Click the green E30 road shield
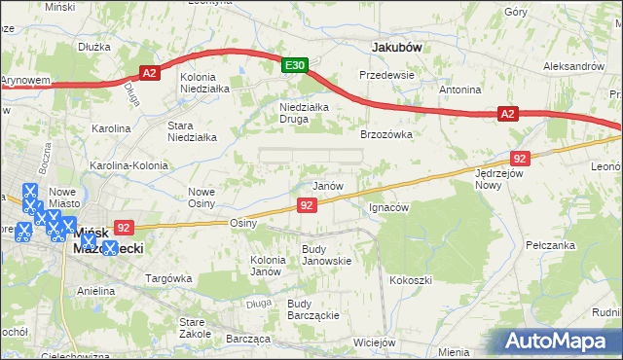(x=296, y=65)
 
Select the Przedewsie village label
(x=386, y=75)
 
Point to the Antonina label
(x=460, y=90)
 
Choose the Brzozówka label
(x=387, y=134)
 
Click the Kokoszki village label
(x=411, y=280)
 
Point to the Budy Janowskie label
(x=326, y=254)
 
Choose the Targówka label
(x=166, y=278)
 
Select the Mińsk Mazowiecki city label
(x=109, y=240)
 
